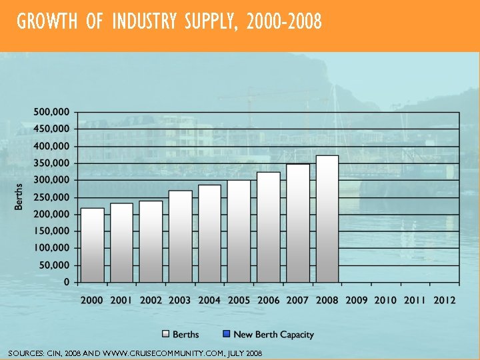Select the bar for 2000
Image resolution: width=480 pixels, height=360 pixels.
pyautogui.click(x=92, y=245)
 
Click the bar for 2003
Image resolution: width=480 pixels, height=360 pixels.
pyautogui.click(x=180, y=237)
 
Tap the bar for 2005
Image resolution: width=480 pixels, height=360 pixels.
pyautogui.click(x=239, y=231)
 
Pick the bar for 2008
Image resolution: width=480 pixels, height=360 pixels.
pyautogui.click(x=327, y=219)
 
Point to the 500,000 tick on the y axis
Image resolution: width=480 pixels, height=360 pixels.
pyautogui.click(x=52, y=111)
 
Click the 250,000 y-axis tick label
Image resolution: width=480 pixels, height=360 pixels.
pyautogui.click(x=52, y=197)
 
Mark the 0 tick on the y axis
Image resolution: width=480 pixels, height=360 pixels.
pyautogui.click(x=67, y=282)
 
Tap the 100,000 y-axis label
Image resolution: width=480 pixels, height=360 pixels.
pyautogui.click(x=52, y=248)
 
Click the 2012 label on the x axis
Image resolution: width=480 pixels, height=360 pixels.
pyautogui.click(x=444, y=300)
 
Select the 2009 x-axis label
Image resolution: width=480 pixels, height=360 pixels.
pyautogui.click(x=356, y=300)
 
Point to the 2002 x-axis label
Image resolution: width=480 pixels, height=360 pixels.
pyautogui.click(x=151, y=300)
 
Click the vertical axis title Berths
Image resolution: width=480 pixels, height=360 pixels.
pyautogui.click(x=19, y=197)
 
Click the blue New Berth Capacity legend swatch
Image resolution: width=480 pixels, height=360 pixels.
pyautogui.click(x=226, y=334)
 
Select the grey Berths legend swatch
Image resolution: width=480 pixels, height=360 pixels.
pyautogui.click(x=165, y=334)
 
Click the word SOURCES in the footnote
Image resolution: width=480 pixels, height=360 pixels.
pyautogui.click(x=24, y=353)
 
